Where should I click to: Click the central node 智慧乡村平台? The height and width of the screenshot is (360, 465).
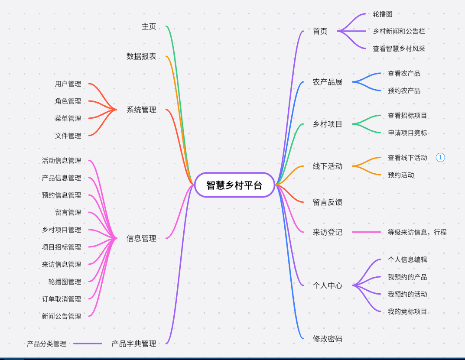[234, 185]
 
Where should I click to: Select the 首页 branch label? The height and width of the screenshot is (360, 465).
[320, 31]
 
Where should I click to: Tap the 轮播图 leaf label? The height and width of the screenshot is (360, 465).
[383, 14]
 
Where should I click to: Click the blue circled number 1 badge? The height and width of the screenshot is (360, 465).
[440, 158]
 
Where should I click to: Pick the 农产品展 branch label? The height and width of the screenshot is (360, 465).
[328, 82]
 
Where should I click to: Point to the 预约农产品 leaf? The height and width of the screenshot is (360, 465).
[404, 91]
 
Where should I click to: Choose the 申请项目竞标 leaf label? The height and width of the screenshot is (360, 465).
[407, 133]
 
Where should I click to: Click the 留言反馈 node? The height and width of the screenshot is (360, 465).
[328, 202]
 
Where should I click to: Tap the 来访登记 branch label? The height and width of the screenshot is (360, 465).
[328, 232]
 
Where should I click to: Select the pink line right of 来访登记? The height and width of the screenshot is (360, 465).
[367, 232]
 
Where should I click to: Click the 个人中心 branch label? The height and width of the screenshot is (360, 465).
[328, 285]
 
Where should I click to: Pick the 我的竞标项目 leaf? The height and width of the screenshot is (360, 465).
[407, 311]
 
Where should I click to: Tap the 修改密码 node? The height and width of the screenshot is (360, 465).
[328, 339]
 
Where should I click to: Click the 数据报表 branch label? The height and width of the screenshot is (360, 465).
[141, 56]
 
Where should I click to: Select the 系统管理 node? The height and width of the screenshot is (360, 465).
[141, 110]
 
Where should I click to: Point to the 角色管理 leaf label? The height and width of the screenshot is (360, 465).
[68, 101]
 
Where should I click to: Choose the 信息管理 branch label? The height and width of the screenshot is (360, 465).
[141, 238]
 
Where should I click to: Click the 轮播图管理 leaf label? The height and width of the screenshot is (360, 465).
[65, 282]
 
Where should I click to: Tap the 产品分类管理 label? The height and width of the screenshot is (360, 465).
[46, 344]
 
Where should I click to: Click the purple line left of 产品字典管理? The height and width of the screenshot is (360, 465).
[88, 344]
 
